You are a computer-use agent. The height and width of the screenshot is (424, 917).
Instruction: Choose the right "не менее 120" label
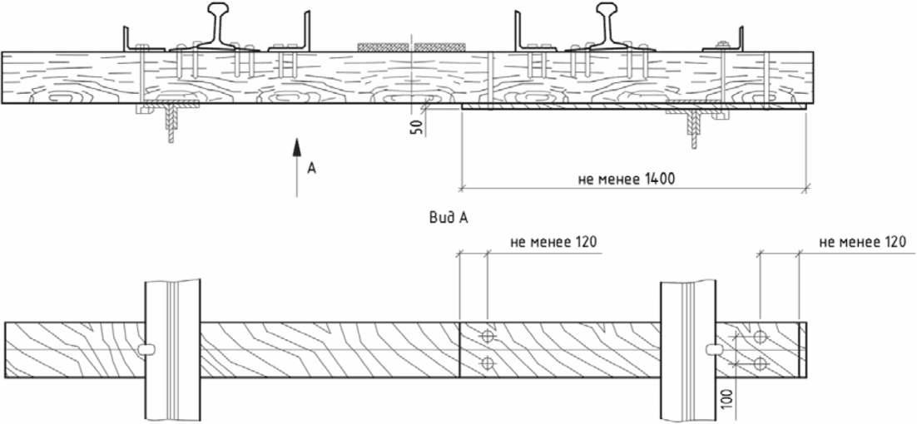coord(860,242)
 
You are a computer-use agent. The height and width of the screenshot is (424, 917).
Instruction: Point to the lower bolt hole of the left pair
coord(488,362)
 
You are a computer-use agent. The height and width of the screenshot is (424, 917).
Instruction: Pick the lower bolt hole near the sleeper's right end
coord(759,363)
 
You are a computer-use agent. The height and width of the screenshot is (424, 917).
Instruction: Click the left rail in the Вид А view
coord(172,349)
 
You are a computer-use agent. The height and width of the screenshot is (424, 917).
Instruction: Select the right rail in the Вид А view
coord(688,349)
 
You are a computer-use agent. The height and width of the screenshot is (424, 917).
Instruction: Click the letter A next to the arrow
coord(311,168)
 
